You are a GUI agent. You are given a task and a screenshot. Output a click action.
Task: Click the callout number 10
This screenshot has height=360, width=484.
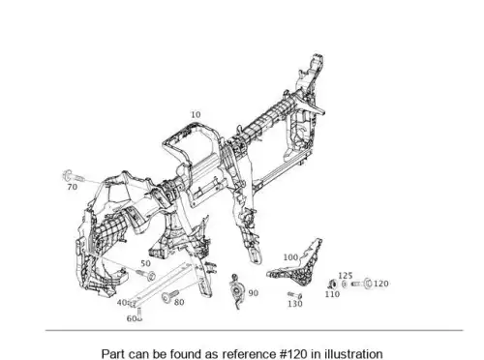coord(196,114)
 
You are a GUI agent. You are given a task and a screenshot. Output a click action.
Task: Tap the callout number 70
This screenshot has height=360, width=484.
coord(73,187)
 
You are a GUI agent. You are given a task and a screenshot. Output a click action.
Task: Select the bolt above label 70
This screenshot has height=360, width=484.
coord(73,176)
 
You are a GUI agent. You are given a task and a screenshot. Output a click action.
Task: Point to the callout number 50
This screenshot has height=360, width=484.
coord(145,263)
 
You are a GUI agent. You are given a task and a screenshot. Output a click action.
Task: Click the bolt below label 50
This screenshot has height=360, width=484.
coord(146,275)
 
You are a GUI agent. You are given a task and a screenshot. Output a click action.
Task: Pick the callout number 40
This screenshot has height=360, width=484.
coord(122,303)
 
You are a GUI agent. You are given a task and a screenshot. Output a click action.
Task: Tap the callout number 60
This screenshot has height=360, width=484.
coord(131,318)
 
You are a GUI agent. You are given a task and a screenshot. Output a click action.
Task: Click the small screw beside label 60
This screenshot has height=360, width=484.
coord(139,315)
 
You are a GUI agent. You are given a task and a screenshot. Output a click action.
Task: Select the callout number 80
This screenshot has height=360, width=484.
coord(179,302)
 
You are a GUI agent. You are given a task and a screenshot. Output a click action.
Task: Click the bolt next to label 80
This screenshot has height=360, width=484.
coord(169,296)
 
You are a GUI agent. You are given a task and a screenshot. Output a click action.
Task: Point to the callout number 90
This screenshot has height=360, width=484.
coord(254,293)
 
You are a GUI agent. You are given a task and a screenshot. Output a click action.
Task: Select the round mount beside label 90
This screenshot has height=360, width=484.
coord(237,290)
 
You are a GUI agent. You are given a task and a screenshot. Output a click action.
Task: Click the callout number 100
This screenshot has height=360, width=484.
coord(290,257)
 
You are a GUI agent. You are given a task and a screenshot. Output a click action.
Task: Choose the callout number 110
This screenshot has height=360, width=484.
coord(332,294)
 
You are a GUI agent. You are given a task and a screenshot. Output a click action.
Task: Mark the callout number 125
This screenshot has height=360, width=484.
coord(345,276)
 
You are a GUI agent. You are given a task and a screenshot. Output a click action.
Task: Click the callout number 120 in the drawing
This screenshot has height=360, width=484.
coord(380,284)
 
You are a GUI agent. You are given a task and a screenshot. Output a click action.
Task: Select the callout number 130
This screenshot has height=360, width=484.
coord(295,304)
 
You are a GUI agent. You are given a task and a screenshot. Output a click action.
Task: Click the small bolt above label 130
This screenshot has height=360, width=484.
coord(294,295)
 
